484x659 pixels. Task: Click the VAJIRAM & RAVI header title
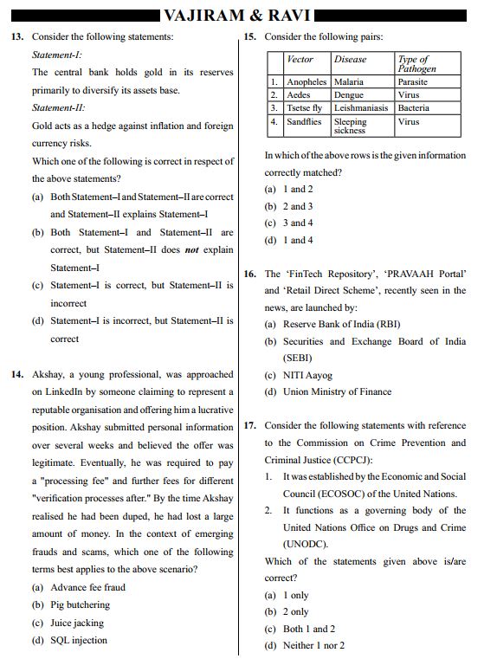pyautogui.click(x=242, y=15)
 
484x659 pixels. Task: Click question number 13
pyautogui.click(x=16, y=36)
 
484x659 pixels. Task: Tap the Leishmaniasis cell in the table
pyautogui.click(x=363, y=108)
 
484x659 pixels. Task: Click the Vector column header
pyautogui.click(x=300, y=60)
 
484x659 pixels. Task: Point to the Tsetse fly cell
pyautogui.click(x=305, y=108)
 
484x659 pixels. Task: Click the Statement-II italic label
pyautogui.click(x=59, y=108)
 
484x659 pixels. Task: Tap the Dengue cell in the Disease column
pyautogui.click(x=349, y=95)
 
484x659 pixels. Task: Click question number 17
pyautogui.click(x=249, y=426)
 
